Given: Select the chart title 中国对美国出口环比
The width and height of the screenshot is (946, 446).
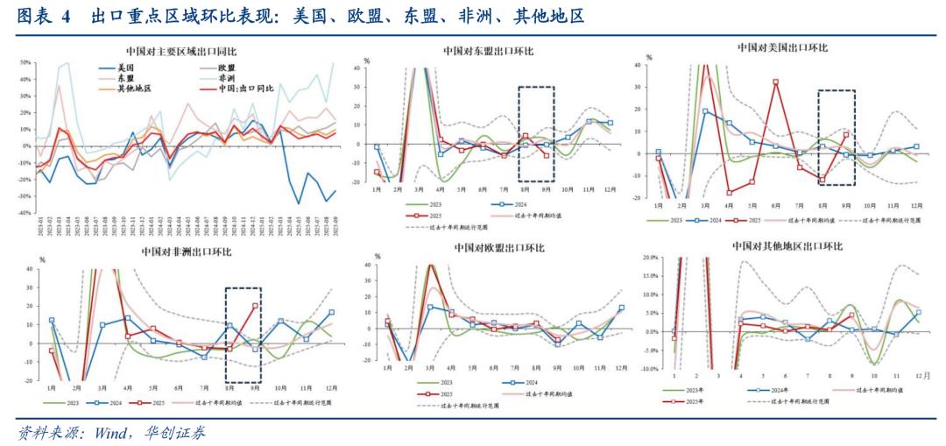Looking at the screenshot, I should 782,47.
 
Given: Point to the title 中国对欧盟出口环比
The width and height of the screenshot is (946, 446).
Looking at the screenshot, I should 499,248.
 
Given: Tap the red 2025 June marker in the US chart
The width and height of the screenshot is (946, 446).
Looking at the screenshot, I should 776,82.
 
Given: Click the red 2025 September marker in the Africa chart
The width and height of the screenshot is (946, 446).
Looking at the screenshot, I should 255,306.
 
